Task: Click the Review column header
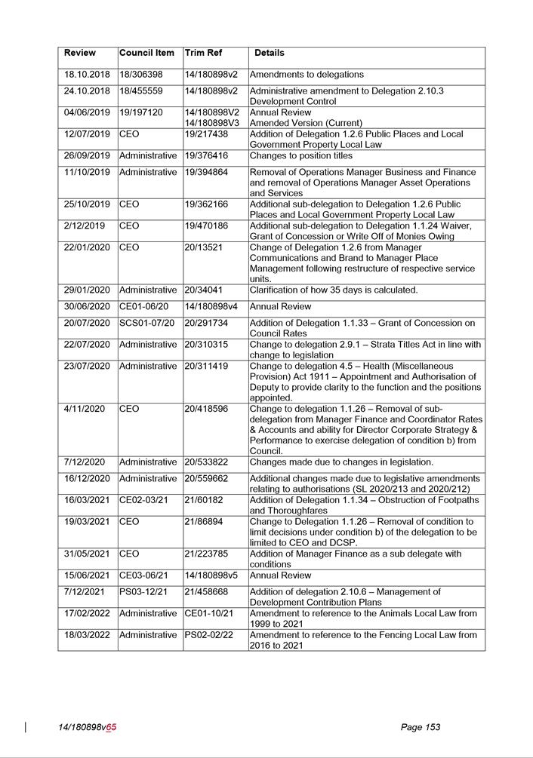coord(80,54)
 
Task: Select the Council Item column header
coord(146,54)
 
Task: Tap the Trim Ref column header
coord(205,54)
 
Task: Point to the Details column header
coord(270,54)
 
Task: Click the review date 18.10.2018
coord(87,75)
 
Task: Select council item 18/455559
coord(141,91)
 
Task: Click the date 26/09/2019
coord(87,156)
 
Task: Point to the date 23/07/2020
coord(87,367)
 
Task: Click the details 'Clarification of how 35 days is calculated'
coord(334,290)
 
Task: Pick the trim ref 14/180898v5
coord(211,575)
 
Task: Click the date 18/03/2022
coord(87,635)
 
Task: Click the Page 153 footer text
coord(421,728)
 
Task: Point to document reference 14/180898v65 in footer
coord(88,728)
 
